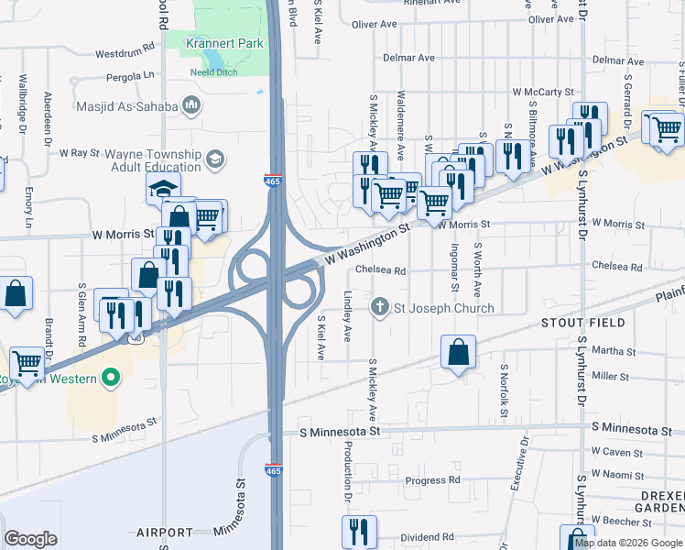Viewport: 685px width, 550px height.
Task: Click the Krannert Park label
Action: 224,43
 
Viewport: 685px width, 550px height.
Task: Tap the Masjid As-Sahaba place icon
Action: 191,105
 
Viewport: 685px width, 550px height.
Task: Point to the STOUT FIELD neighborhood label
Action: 582,323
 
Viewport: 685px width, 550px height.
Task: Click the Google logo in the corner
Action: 30,539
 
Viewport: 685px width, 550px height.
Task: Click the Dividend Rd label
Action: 428,537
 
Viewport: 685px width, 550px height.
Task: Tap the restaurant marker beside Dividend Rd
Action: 359,532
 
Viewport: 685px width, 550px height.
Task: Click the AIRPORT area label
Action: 165,532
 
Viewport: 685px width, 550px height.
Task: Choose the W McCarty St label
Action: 542,93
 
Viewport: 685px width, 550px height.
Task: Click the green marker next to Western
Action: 111,377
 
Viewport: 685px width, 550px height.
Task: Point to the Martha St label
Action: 614,351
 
